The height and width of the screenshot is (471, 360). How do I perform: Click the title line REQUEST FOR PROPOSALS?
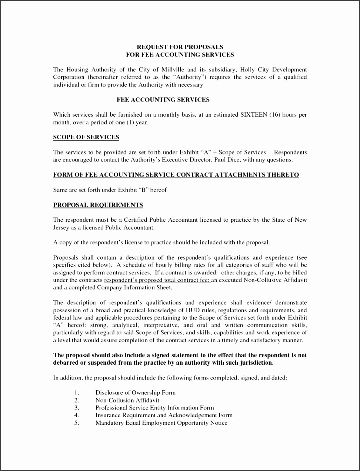tap(180, 47)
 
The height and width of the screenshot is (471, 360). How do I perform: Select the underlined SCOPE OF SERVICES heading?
tap(86, 137)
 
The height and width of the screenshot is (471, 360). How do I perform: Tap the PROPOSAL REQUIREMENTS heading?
tap(98, 205)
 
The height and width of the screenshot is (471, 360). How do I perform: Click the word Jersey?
tap(61, 228)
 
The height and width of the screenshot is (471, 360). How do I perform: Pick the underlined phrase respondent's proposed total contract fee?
tap(157, 280)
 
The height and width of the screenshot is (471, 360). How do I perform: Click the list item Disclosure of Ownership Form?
tap(135, 392)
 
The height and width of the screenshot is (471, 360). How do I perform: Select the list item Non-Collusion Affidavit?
tap(127, 400)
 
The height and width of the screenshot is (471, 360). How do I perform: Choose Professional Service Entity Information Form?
tap(154, 408)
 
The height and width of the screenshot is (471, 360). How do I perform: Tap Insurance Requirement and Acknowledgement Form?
tap(164, 415)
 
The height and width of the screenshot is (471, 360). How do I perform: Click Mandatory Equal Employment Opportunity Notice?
tap(161, 423)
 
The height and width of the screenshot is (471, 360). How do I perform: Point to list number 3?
tap(76, 408)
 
